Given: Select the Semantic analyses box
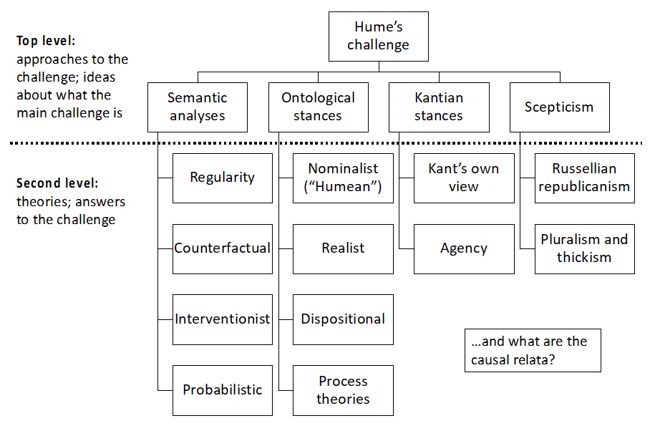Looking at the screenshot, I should [198, 107].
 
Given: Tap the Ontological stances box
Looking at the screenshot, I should [318, 107].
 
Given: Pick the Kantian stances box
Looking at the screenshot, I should [439, 107].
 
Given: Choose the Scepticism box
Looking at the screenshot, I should [559, 107].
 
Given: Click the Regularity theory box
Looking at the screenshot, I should [223, 178].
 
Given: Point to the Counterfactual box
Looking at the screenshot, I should [223, 248].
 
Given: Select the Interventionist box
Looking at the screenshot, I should [223, 319].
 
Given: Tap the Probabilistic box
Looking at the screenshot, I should [223, 390].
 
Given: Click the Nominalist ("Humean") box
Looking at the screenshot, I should [344, 178].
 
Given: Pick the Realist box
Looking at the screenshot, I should [344, 248].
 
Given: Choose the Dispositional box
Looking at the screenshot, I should [344, 319].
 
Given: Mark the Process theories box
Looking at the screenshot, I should [344, 390].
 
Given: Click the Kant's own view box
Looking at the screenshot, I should [464, 178].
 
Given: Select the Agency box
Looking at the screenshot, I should [464, 248].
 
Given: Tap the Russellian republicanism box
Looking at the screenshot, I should [584, 178].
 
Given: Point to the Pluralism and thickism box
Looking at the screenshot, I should [584, 248].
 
